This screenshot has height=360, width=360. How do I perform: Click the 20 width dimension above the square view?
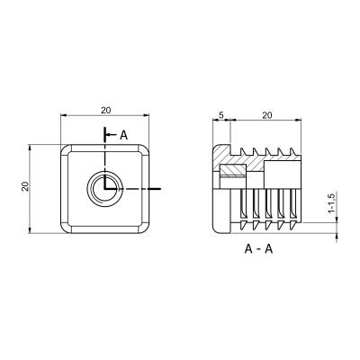coord(105,110)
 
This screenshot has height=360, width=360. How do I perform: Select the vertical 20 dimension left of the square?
coord(25,186)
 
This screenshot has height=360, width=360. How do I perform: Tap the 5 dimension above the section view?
coord(221,115)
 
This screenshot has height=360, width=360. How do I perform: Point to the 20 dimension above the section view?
coord(266,115)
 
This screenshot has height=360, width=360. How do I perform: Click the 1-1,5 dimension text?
coord(331,202)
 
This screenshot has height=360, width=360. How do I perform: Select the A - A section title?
coord(258,249)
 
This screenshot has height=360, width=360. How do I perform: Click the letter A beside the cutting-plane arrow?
coord(123,135)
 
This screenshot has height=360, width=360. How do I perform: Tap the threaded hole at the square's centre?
coord(104,189)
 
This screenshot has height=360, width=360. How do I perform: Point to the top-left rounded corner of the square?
coord(66,150)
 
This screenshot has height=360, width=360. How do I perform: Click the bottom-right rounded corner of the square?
coord(144,228)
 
